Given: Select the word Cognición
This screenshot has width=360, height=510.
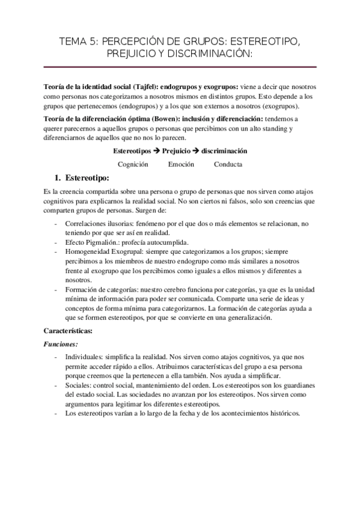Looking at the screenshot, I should point(133,164).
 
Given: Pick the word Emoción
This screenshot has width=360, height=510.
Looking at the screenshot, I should point(181,164).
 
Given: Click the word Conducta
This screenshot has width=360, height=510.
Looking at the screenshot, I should point(228,164).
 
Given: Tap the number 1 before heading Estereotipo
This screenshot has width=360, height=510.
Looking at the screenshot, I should point(58,178).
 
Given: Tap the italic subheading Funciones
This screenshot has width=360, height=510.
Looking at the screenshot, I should point(61,345).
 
